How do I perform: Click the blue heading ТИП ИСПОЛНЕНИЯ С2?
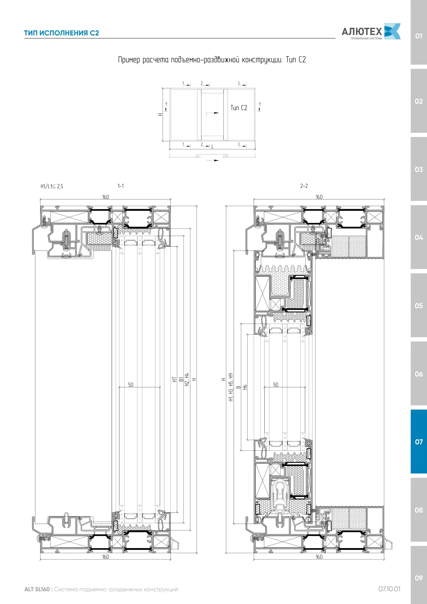point(61,33)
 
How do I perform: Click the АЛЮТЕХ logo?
point(371,31)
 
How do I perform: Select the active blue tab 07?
point(418,442)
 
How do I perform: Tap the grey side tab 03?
point(418,169)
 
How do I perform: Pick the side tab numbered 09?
point(418,578)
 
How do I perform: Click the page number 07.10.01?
point(389,589)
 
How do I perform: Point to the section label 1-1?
point(120,186)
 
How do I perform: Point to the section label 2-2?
point(304,186)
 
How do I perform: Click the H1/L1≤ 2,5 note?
point(52,186)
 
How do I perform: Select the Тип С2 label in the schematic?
point(239,108)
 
